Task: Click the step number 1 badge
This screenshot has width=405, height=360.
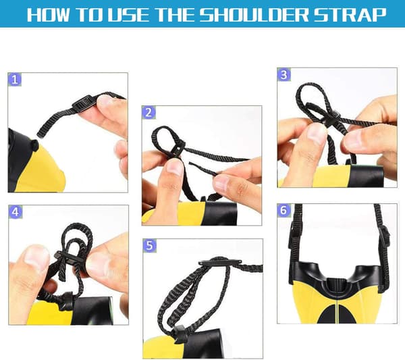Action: (15, 80)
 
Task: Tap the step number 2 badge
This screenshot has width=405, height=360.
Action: (148, 112)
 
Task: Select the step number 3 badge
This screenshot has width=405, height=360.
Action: (284, 75)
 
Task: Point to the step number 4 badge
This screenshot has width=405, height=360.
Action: (16, 212)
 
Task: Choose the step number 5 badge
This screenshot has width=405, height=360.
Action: (150, 245)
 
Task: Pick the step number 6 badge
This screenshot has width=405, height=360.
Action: (283, 210)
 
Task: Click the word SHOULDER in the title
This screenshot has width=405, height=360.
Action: (254, 14)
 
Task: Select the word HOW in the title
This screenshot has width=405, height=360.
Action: (48, 15)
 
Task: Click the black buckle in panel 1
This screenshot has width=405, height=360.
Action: (83, 102)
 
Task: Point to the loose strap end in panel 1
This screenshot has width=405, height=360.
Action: (40, 134)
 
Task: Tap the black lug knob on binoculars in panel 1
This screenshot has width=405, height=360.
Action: (34, 145)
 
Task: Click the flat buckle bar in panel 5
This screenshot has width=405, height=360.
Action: (220, 262)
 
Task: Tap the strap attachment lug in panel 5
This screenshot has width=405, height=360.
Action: (180, 334)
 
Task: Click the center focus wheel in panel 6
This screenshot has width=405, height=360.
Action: (337, 285)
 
